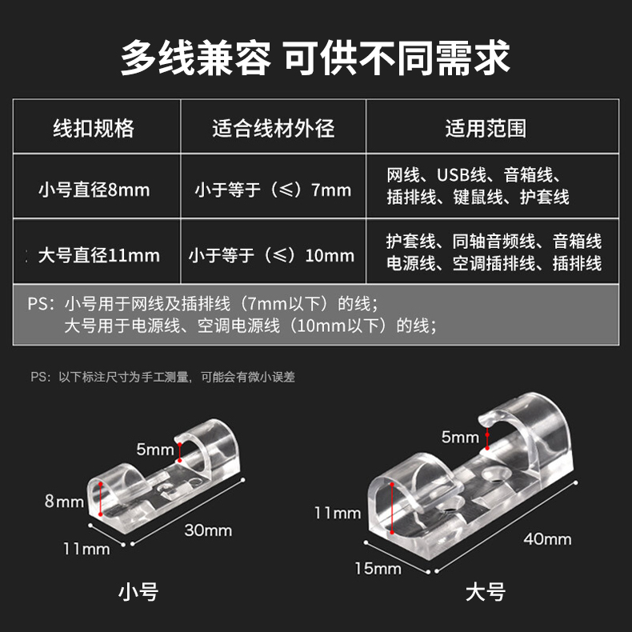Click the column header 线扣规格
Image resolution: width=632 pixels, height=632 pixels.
tap(94, 128)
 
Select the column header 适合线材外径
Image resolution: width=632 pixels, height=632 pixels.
tap(274, 128)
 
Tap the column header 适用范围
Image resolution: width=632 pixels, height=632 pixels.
tap(486, 128)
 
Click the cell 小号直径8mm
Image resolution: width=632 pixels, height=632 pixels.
tap(94, 190)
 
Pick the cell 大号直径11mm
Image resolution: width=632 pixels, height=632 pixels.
tap(99, 255)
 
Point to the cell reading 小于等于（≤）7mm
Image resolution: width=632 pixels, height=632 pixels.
tap(274, 190)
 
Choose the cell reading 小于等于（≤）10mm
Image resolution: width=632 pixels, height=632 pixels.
tap(271, 255)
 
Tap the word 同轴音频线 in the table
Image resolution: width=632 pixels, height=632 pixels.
tap(494, 241)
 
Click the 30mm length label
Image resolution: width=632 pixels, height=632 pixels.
tap(208, 530)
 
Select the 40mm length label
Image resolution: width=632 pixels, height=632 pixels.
tap(547, 539)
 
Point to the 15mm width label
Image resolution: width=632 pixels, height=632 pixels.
tap(378, 569)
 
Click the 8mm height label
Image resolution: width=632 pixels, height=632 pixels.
tap(65, 502)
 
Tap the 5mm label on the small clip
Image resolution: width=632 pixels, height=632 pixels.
tap(155, 450)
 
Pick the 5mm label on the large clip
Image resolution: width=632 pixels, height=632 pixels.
tap(460, 438)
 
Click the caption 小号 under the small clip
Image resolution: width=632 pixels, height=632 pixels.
tap(138, 592)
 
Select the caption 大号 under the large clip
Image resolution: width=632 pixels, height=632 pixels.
tap(486, 592)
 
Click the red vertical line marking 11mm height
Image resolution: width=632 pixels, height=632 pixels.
tap(392, 508)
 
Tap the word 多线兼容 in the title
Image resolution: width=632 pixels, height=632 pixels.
tap(195, 58)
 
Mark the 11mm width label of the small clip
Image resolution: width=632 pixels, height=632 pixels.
tap(86, 549)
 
